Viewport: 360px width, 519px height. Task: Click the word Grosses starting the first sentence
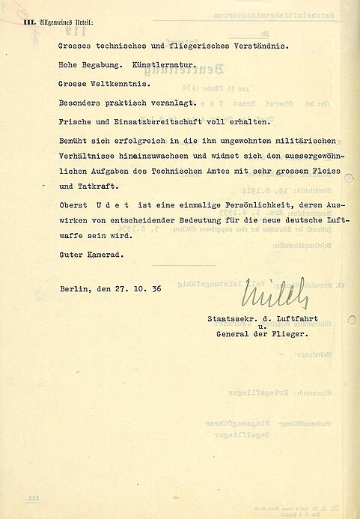[x=76, y=45]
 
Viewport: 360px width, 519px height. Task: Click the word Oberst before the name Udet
[x=73, y=205]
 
